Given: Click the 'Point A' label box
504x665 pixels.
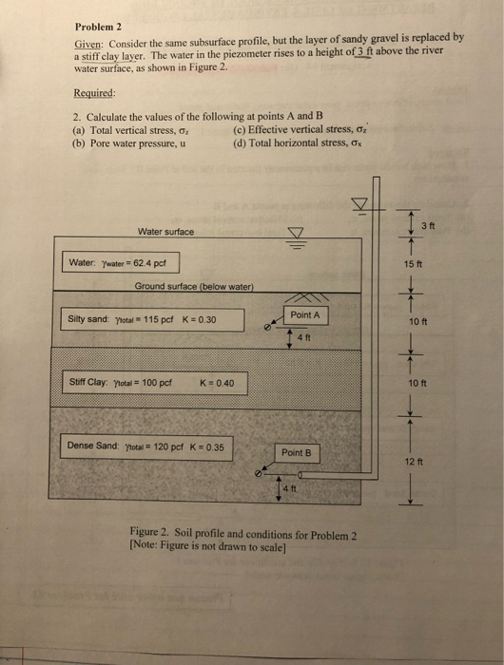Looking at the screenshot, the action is [x=305, y=314].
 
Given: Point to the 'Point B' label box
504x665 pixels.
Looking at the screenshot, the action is [x=297, y=452].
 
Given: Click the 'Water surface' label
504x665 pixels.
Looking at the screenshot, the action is [x=165, y=231].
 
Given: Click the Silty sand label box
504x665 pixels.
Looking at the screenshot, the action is [x=143, y=319].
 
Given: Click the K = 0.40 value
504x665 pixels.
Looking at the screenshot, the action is [x=223, y=384].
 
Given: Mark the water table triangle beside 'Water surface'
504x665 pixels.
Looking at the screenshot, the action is [x=296, y=233].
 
